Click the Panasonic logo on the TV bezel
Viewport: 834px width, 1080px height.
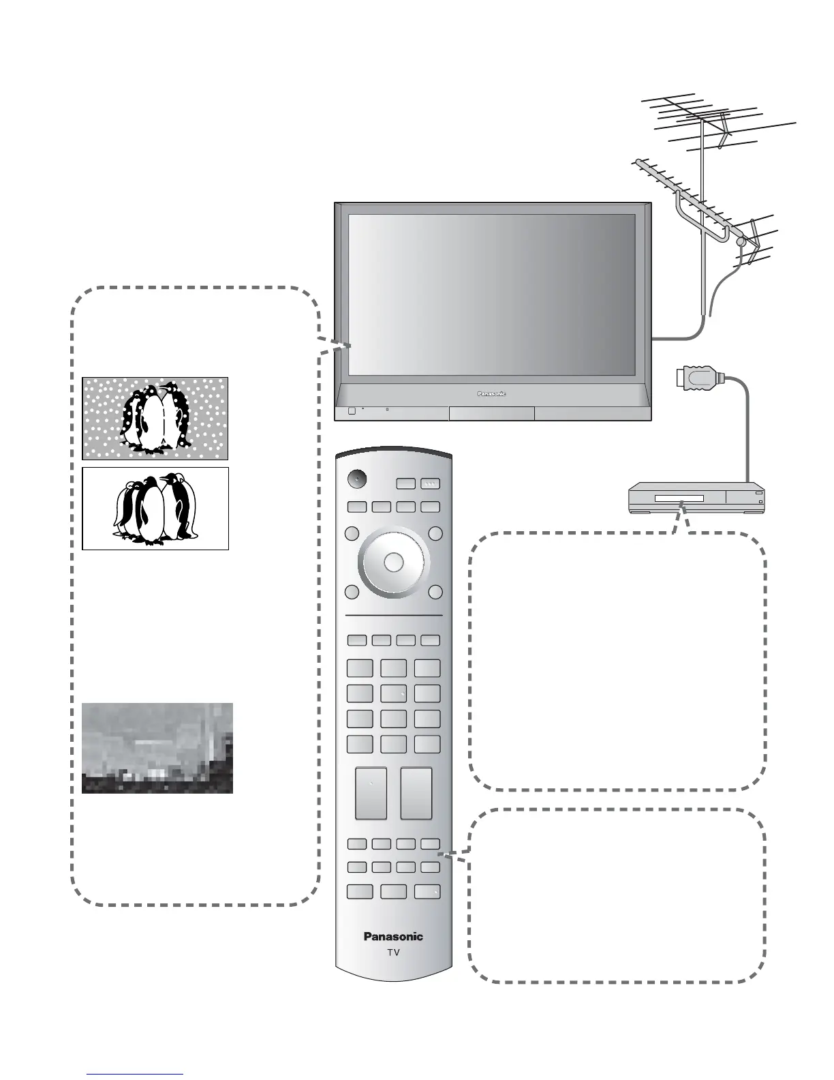tap(490, 393)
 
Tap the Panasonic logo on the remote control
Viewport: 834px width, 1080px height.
tap(393, 937)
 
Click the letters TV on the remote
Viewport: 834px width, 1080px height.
tap(393, 952)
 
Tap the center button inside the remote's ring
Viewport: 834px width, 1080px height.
tap(393, 562)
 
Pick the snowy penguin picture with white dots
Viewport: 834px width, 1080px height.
tap(155, 419)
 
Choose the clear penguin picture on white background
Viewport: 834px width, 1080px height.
tap(155, 509)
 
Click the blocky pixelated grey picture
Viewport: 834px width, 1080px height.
tap(157, 748)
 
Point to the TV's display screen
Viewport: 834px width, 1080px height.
tap(491, 295)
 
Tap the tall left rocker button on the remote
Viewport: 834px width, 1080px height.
tap(371, 794)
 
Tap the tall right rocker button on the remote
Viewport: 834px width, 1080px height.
tap(416, 794)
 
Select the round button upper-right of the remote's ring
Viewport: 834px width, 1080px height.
tap(435, 533)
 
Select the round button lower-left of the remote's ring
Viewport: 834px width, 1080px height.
tap(352, 592)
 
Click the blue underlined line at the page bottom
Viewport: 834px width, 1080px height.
tap(135, 1075)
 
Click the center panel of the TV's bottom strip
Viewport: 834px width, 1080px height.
tap(491, 414)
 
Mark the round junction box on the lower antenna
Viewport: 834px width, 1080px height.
tap(741, 241)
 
